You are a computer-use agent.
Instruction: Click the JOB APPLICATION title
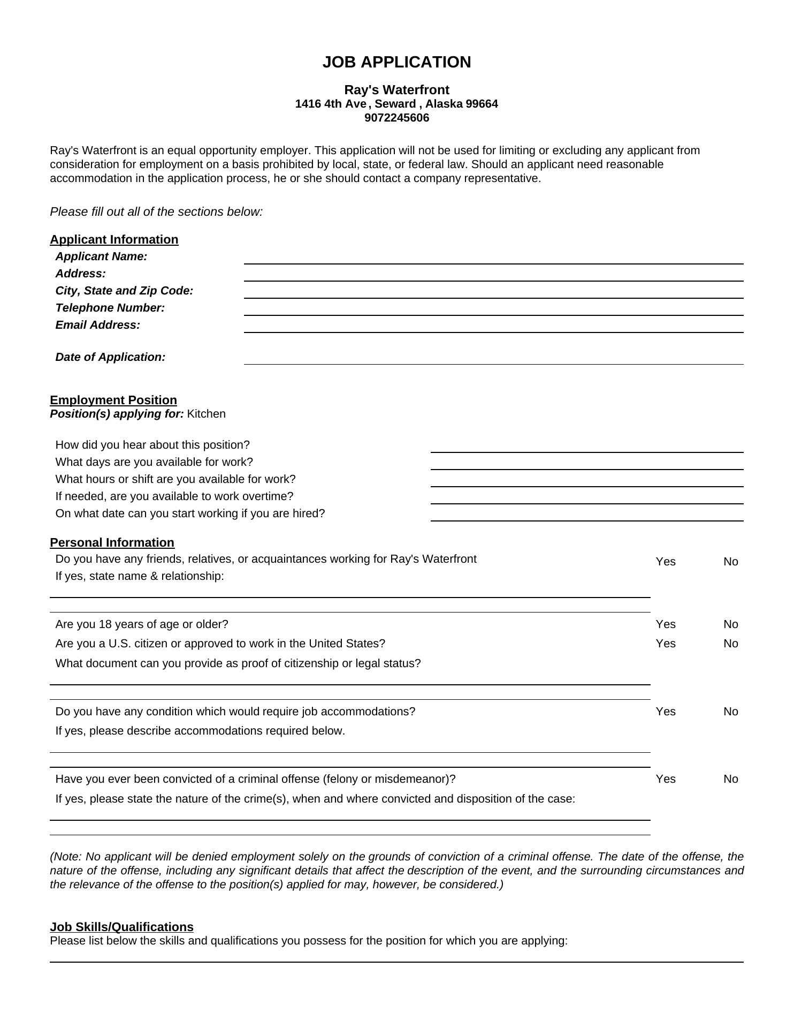pos(396,62)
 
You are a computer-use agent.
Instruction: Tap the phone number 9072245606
pos(396,118)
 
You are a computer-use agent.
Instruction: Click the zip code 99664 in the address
pos(482,104)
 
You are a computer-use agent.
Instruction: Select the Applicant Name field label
pos(101,256)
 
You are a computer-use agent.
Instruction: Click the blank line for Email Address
pos(493,327)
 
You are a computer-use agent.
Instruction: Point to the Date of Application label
pos(110,357)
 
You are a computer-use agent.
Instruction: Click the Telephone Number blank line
pos(493,310)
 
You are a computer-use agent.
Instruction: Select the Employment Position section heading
pos(113,400)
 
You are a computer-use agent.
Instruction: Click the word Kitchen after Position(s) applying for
pos(207,414)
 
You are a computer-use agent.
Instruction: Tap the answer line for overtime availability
pos(586,498)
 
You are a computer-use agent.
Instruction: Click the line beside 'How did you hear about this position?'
pos(586,447)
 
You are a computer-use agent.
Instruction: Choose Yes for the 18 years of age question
pos(666,624)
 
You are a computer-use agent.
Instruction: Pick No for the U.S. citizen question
pos(730,644)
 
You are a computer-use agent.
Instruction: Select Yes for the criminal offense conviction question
pos(666,779)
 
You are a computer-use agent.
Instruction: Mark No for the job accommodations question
pos(730,712)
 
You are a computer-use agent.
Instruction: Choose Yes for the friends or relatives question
pos(666,562)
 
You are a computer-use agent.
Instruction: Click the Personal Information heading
pos(112,542)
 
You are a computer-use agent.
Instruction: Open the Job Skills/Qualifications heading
pos(121,927)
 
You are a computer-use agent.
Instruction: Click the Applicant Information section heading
pos(114,239)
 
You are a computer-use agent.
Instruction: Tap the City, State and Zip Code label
pos(124,291)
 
